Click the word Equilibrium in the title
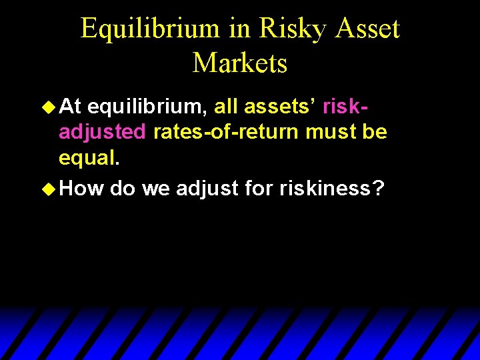(x=150, y=29)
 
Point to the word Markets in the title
(x=240, y=63)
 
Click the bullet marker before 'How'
(x=49, y=189)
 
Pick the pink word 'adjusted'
(x=102, y=133)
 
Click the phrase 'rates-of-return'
(x=226, y=131)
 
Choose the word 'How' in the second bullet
(x=81, y=189)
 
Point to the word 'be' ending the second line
(x=374, y=131)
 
